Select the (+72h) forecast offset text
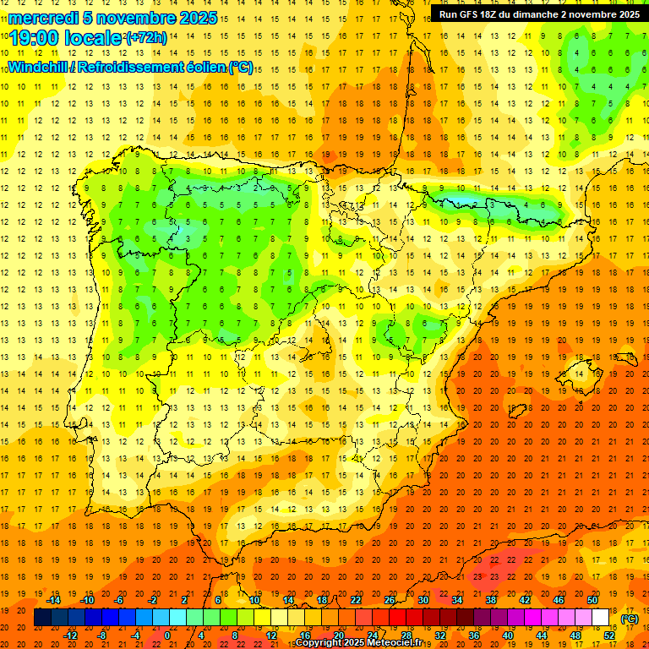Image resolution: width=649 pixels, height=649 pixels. pyautogui.click(x=146, y=38)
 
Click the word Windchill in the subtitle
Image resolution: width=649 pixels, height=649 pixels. pyautogui.click(x=39, y=67)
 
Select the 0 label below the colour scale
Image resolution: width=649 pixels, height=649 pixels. pyautogui.click(x=167, y=635)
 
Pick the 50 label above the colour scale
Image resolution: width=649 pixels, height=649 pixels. pyautogui.click(x=592, y=600)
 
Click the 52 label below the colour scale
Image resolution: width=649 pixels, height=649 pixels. pyautogui.click(x=609, y=635)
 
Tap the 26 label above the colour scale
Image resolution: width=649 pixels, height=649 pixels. pyautogui.click(x=390, y=600)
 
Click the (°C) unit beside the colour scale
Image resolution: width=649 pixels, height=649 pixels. pyautogui.click(x=630, y=619)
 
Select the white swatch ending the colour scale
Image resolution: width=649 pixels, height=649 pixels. pyautogui.click(x=601, y=618)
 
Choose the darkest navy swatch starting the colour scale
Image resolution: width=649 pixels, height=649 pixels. pyautogui.click(x=42, y=618)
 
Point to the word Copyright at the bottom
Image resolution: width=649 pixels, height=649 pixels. pyautogui.click(x=319, y=643)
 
